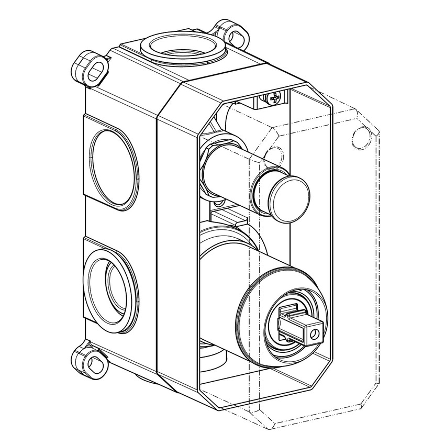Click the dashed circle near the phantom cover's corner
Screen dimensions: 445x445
[x=361, y=138]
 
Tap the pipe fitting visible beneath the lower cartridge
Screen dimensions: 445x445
[x=212, y=356]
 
